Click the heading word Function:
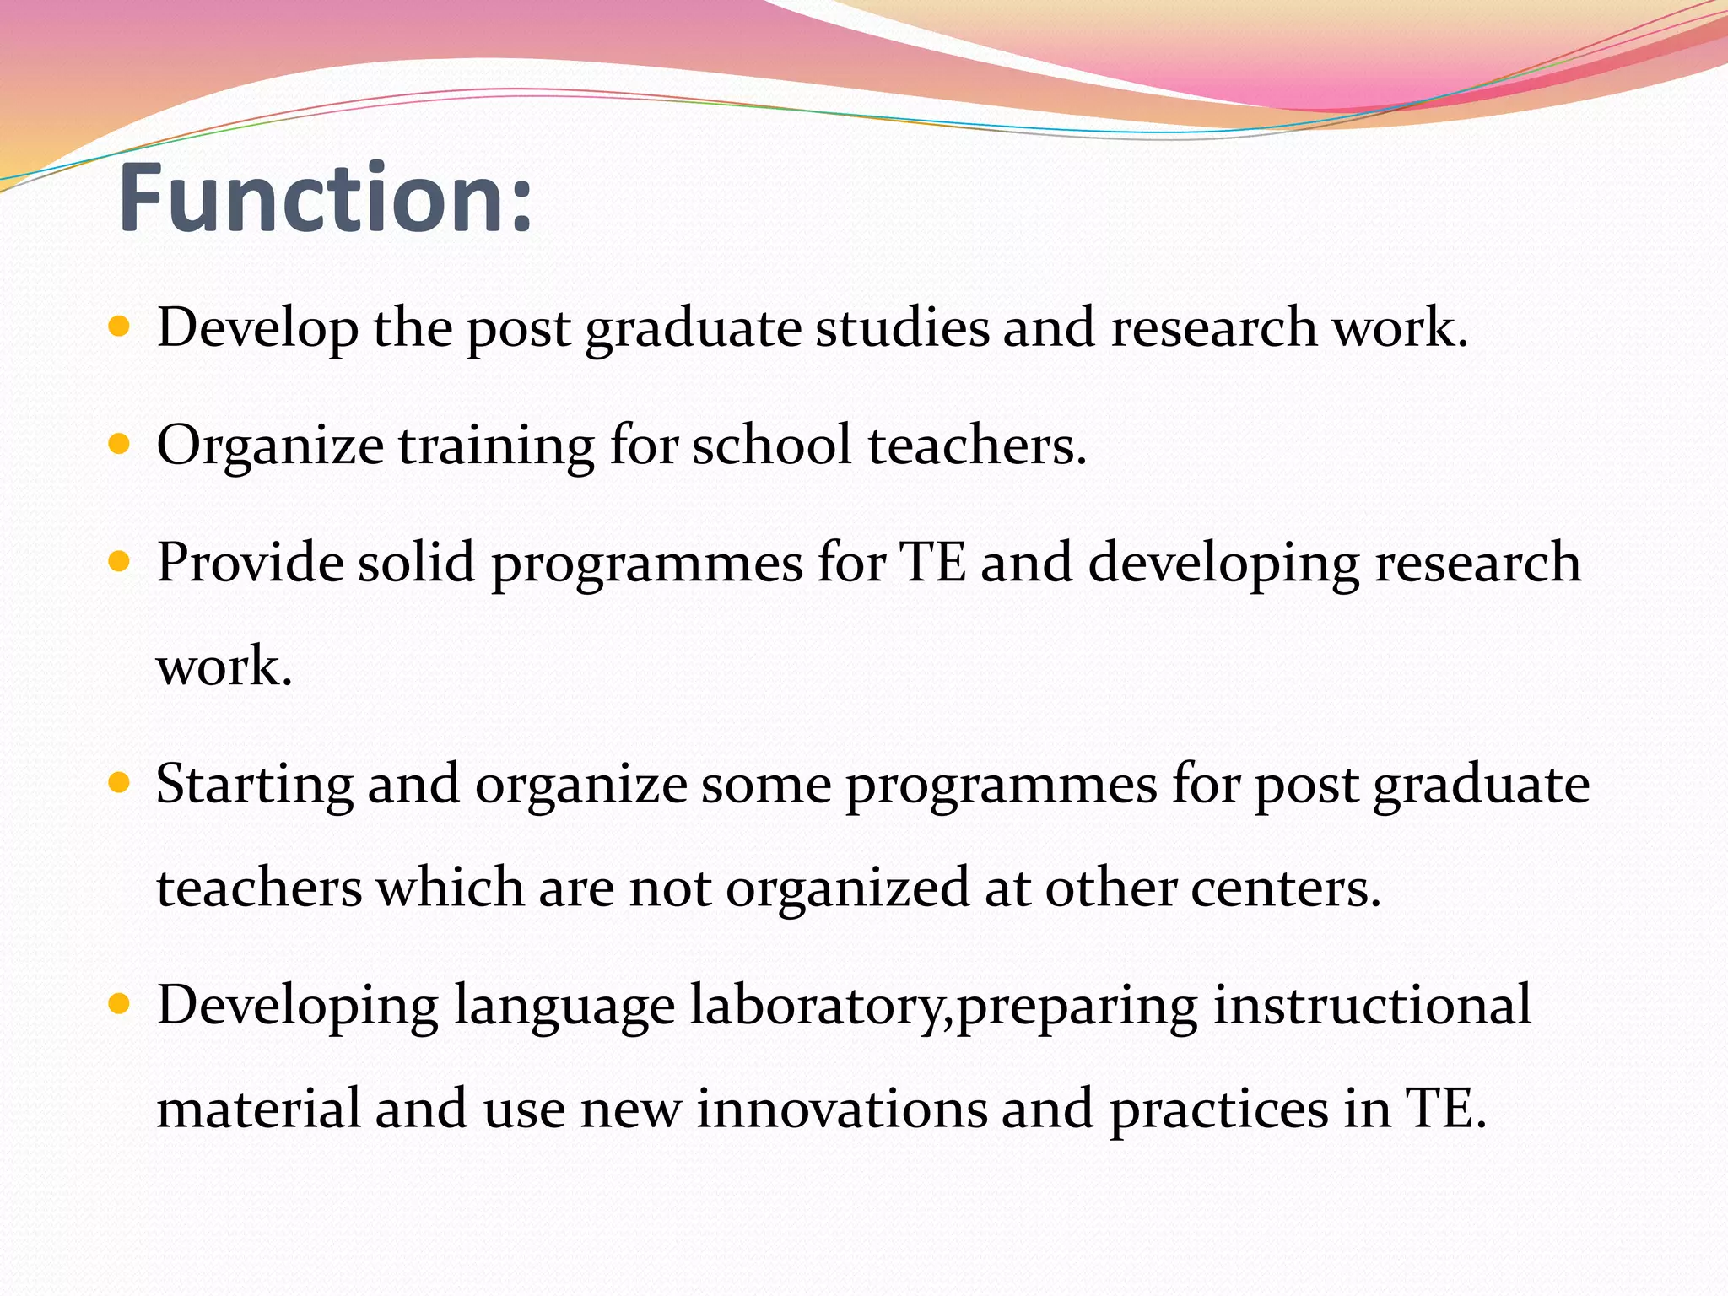[326, 198]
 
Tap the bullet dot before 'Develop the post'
[120, 327]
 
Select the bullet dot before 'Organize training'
[120, 444]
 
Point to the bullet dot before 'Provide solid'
[120, 561]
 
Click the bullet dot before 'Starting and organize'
[120, 783]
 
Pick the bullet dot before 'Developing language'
[120, 1004]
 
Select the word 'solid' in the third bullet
[417, 563]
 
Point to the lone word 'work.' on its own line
[224, 667]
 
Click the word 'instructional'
[1372, 1006]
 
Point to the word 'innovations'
[841, 1109]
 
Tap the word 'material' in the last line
[258, 1109]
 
